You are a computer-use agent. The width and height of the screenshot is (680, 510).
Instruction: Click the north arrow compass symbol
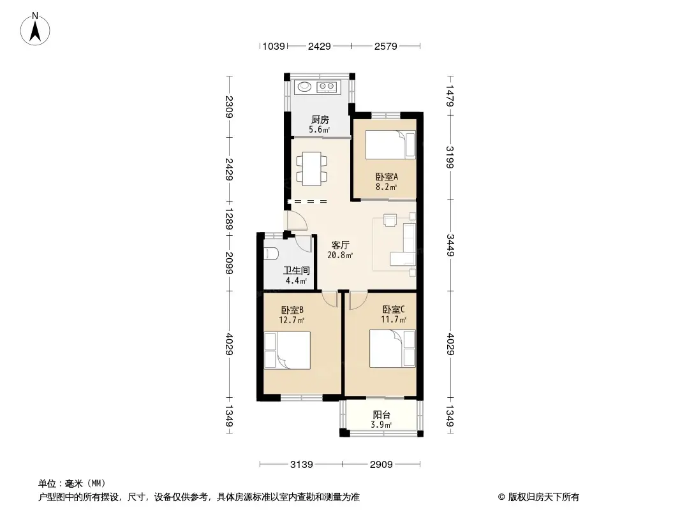click(x=35, y=29)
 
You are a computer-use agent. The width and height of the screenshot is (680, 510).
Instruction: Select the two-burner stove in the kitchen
click(x=326, y=87)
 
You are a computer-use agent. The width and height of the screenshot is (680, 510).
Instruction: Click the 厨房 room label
click(x=320, y=120)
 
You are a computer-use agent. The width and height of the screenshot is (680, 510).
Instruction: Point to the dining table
click(x=312, y=168)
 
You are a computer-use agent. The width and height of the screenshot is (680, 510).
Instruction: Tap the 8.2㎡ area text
click(x=387, y=187)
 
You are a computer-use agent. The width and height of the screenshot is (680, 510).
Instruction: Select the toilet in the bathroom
click(x=270, y=254)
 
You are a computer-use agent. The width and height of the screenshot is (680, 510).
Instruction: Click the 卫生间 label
click(x=297, y=271)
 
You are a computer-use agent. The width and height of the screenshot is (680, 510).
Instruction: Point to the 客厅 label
click(x=341, y=245)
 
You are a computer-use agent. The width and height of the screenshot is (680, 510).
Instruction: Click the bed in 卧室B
click(x=287, y=351)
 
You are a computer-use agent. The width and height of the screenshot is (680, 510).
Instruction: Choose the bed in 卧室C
click(x=392, y=349)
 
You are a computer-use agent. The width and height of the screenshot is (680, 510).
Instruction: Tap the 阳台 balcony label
click(x=381, y=414)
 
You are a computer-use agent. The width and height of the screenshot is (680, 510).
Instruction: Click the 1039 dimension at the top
click(x=274, y=46)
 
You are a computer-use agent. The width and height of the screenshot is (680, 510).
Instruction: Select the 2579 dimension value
click(x=385, y=46)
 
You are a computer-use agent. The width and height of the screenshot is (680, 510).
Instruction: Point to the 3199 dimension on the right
click(x=450, y=157)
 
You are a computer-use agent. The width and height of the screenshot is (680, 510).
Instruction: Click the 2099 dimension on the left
click(x=230, y=263)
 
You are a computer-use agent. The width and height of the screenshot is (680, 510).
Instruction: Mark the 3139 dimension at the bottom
click(x=301, y=465)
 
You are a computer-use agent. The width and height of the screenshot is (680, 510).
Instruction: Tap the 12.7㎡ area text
click(x=292, y=320)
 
